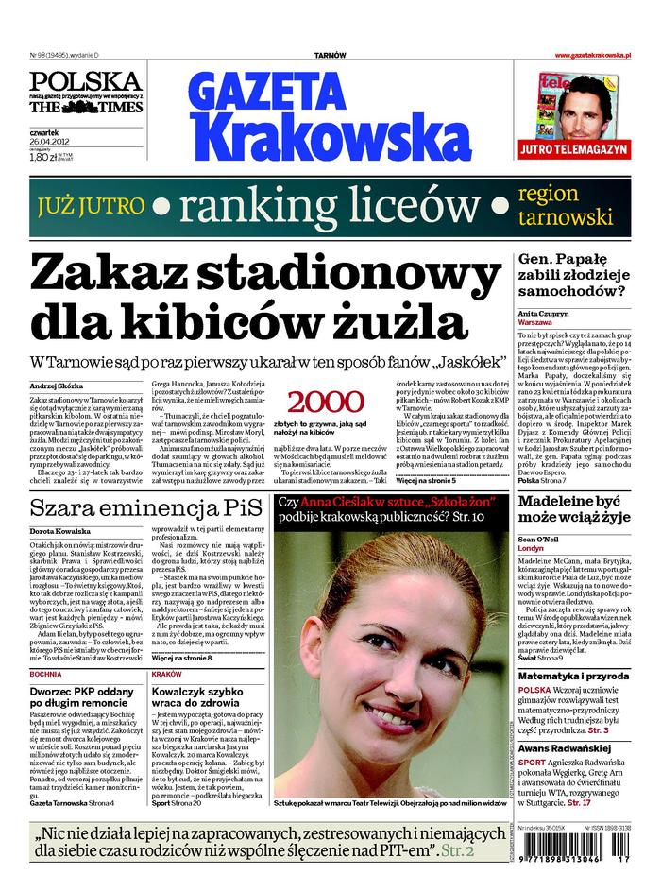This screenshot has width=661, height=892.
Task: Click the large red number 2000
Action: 325,400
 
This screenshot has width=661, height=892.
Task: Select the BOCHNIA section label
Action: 46,676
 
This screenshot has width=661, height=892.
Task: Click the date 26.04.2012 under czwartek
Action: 55,143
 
